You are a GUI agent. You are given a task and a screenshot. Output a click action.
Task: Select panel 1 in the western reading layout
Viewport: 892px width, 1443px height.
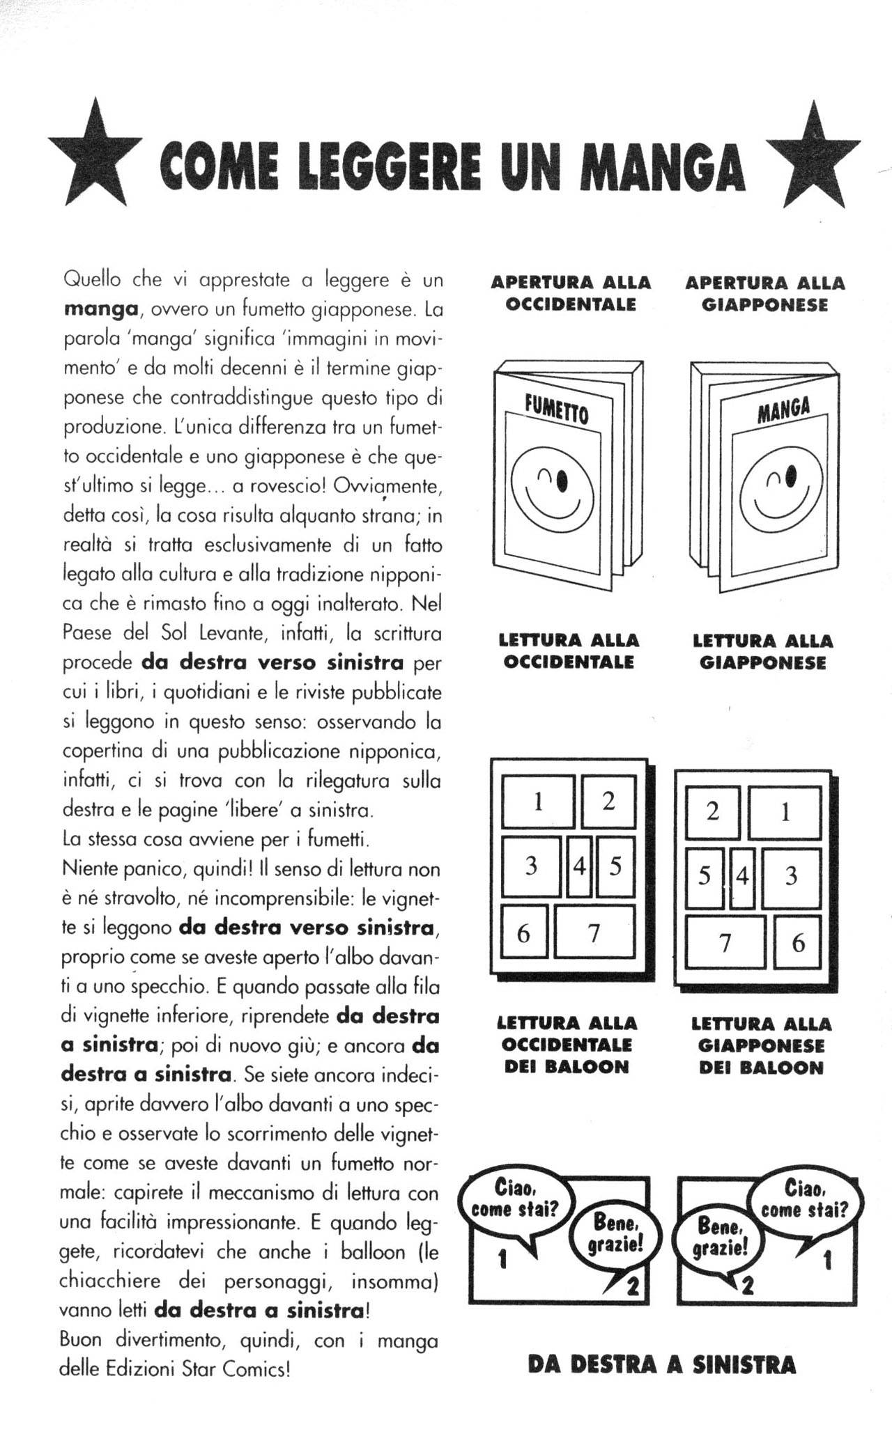(538, 802)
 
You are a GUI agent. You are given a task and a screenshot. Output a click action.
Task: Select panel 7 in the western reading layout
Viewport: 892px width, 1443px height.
(594, 933)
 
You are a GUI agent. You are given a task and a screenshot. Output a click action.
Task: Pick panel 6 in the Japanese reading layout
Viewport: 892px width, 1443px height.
(799, 944)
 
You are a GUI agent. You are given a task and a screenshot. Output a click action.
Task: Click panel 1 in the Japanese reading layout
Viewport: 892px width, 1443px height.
(785, 813)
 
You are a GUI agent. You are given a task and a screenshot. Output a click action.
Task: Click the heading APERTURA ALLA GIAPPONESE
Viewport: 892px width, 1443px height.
(764, 294)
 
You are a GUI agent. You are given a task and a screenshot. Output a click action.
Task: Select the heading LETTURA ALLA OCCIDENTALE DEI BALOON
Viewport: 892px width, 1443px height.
(567, 1045)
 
